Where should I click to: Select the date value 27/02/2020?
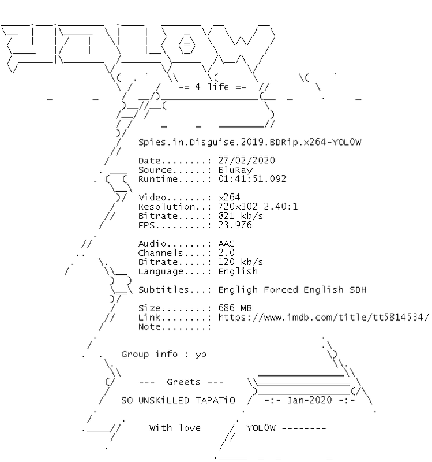click(247, 160)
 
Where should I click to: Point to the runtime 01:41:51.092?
click(252, 179)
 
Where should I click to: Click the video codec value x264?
click(230, 198)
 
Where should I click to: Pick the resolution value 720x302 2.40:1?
click(258, 207)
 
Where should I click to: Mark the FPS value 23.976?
click(235, 225)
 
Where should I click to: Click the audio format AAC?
click(227, 244)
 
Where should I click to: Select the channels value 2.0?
click(227, 253)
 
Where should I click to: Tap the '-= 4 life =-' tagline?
click(212, 87)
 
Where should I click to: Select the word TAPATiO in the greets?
click(216, 400)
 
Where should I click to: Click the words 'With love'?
click(175, 428)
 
